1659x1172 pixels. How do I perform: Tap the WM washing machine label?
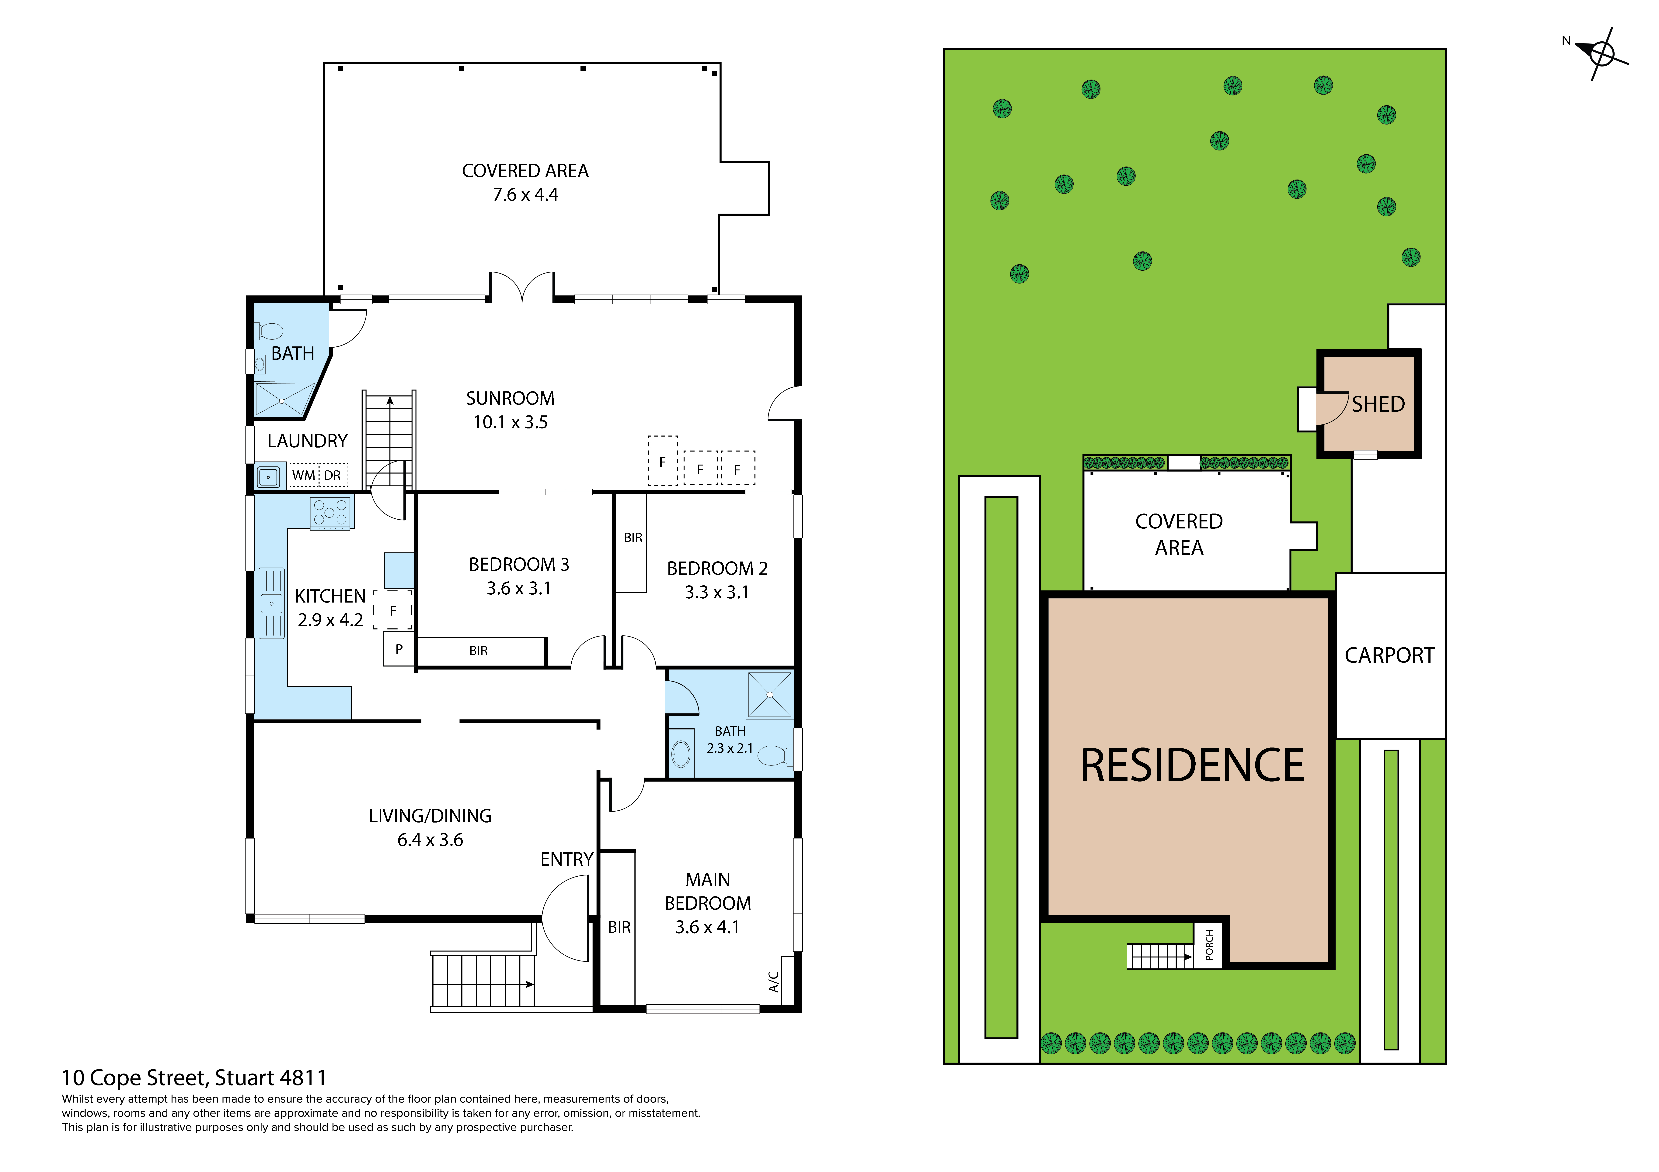[x=303, y=475]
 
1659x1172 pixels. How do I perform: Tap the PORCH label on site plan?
[x=1209, y=944]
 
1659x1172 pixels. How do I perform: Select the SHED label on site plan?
[x=1378, y=404]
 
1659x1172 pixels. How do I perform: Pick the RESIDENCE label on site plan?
[x=1192, y=765]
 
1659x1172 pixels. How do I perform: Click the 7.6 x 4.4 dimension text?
[x=525, y=195]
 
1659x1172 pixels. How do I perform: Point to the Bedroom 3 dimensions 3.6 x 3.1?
[x=519, y=589]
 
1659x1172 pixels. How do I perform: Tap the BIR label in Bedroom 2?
[x=633, y=538]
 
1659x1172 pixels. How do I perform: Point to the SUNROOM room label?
[x=510, y=399]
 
